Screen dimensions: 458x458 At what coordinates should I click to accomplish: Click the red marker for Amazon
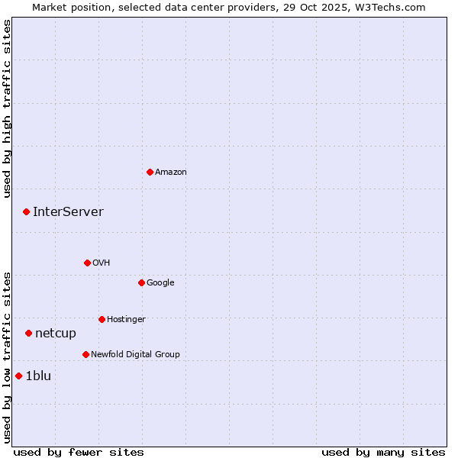point(150,172)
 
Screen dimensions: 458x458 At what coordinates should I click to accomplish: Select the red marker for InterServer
point(26,211)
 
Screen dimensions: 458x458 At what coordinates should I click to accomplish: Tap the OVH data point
point(87,263)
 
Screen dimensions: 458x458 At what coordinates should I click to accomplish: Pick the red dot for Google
point(141,282)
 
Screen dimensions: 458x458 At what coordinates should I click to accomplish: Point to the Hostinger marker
point(102,319)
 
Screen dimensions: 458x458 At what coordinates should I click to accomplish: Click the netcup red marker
point(28,333)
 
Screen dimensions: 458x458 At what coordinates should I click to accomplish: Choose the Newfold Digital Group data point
point(85,354)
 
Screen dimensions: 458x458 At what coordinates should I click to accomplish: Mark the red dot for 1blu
point(18,376)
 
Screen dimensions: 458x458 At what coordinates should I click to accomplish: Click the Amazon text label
point(171,173)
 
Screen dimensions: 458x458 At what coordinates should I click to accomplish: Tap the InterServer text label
point(68,212)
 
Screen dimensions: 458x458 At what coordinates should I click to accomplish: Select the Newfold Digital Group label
point(135,354)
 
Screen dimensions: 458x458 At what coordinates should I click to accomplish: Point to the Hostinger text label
point(126,319)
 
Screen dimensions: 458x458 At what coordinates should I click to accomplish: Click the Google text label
point(160,283)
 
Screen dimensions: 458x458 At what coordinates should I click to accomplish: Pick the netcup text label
point(56,334)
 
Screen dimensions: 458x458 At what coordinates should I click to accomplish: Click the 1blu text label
point(38,376)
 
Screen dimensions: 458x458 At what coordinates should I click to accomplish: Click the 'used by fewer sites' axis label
point(79,452)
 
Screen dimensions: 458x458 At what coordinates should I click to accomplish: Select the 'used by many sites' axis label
point(383,452)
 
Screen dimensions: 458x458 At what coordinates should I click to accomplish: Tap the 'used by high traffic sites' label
point(7,108)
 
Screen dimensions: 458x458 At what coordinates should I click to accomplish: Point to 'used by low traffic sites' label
point(7,356)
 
